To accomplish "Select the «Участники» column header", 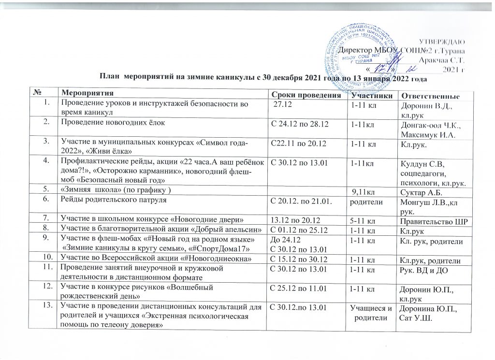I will [372, 94].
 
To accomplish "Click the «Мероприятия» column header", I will [85, 92].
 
